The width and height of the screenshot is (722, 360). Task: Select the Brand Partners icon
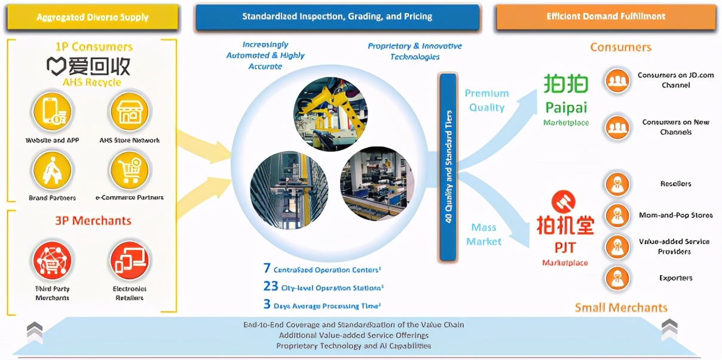(x=52, y=170)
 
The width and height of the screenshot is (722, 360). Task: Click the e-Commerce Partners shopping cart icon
(x=129, y=170)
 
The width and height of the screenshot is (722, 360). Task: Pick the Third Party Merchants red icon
(x=52, y=261)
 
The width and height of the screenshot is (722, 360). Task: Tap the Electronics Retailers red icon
(x=129, y=261)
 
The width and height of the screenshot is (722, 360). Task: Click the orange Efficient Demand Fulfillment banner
(x=605, y=17)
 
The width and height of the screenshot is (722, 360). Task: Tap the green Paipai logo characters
(x=566, y=84)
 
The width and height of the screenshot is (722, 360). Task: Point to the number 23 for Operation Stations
(x=271, y=286)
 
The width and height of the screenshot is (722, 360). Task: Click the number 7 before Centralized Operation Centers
(x=267, y=269)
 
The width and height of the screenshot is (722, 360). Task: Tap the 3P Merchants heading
(x=93, y=221)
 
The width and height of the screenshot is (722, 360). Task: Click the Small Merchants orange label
(x=621, y=307)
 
